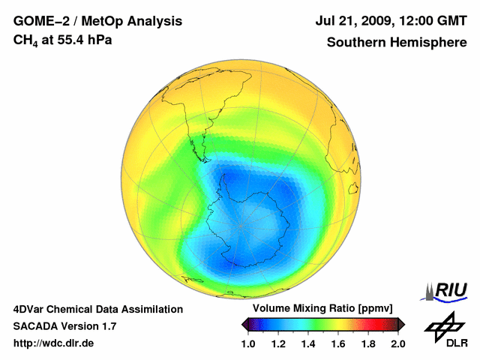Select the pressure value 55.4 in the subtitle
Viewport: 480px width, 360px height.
tap(71, 39)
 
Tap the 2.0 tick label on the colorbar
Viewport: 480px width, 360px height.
tap(397, 343)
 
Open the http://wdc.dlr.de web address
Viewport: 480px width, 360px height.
tap(54, 343)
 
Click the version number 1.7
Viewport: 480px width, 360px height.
tap(107, 326)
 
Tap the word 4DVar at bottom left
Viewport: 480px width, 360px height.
tap(31, 309)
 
